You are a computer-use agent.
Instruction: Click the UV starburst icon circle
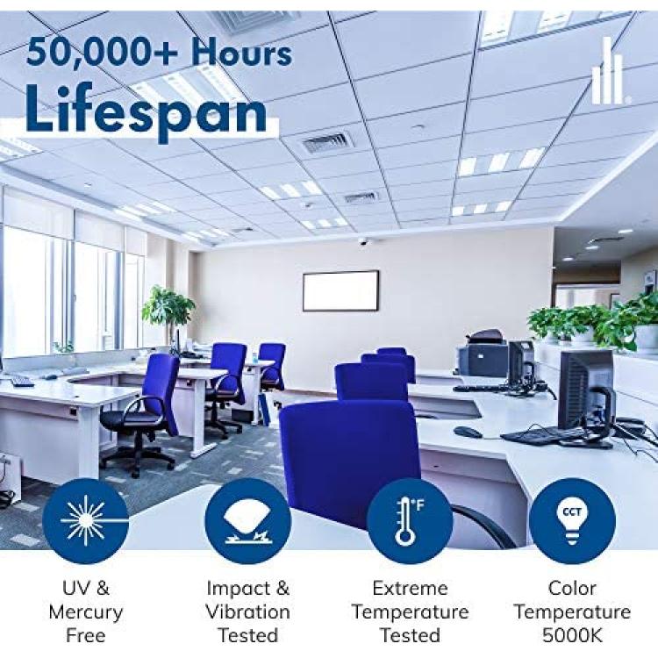86,521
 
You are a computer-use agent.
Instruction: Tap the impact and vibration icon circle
247,521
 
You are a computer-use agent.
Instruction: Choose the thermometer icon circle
410,521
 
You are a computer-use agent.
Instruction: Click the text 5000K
572,635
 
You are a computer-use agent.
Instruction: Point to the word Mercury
86,612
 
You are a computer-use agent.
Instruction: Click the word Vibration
247,612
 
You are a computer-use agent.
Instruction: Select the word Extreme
410,588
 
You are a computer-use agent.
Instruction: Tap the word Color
572,588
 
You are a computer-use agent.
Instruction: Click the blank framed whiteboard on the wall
340,290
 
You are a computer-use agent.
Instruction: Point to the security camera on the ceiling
362,241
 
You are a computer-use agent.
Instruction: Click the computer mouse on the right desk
467,432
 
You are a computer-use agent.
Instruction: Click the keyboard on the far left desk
22,381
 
